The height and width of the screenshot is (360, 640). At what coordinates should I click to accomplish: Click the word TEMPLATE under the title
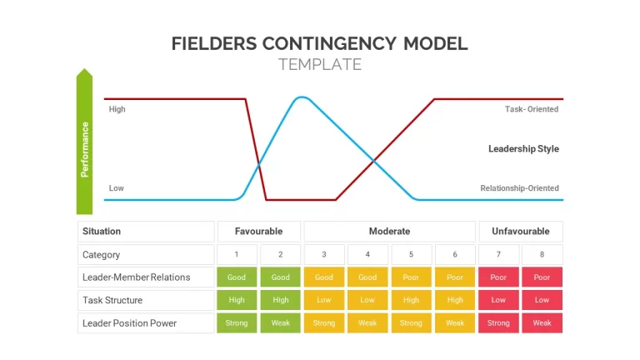click(x=320, y=64)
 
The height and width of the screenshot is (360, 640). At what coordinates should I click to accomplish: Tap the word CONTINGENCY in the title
click(x=329, y=43)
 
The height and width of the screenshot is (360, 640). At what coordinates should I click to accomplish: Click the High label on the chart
click(x=117, y=109)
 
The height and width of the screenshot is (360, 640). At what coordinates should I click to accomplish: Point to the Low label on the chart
click(x=117, y=188)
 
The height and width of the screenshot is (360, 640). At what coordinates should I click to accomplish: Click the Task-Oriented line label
click(x=532, y=109)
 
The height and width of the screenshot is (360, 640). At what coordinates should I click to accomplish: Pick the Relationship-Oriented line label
click(x=520, y=188)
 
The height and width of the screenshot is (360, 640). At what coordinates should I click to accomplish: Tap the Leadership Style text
click(x=523, y=148)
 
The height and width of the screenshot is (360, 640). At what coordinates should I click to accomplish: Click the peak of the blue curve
click(x=302, y=97)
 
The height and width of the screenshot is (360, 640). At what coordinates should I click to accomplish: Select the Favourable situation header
click(x=259, y=232)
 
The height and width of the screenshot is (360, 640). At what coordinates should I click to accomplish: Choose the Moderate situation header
click(x=390, y=232)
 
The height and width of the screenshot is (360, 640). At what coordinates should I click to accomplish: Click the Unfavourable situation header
click(x=521, y=232)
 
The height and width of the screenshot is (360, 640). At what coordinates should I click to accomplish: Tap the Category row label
click(x=101, y=255)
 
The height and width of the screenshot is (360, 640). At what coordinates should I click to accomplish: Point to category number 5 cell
click(x=411, y=254)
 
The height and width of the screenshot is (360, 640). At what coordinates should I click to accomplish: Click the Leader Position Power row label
click(x=129, y=323)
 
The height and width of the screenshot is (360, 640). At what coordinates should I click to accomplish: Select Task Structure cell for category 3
click(x=324, y=300)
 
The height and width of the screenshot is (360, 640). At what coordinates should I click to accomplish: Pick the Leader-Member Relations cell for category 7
click(x=498, y=277)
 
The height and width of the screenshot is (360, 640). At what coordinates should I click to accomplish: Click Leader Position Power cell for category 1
click(x=237, y=322)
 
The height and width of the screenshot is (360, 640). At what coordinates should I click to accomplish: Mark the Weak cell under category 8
click(x=542, y=322)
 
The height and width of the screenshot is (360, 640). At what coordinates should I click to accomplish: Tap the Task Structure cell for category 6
click(x=455, y=300)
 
